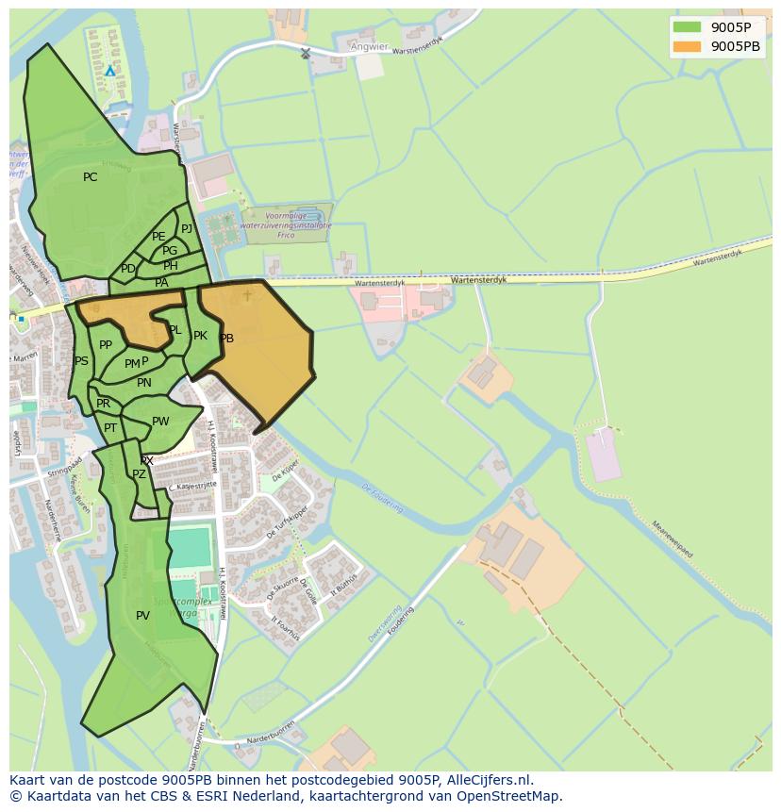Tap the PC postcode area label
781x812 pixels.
click(90, 177)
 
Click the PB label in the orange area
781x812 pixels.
click(226, 339)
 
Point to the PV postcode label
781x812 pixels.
click(142, 616)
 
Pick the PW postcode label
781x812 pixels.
click(160, 422)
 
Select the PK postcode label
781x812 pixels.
click(200, 336)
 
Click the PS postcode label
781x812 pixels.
click(81, 361)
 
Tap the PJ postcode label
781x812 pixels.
click(187, 228)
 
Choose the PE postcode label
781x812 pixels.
click(158, 237)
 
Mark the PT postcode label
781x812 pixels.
click(110, 428)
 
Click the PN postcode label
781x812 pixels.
click(143, 383)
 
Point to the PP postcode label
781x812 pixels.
click(106, 345)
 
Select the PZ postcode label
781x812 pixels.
click(139, 474)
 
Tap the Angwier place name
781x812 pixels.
click(368, 45)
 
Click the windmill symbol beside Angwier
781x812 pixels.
click(305, 53)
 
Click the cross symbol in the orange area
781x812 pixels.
click(247, 295)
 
